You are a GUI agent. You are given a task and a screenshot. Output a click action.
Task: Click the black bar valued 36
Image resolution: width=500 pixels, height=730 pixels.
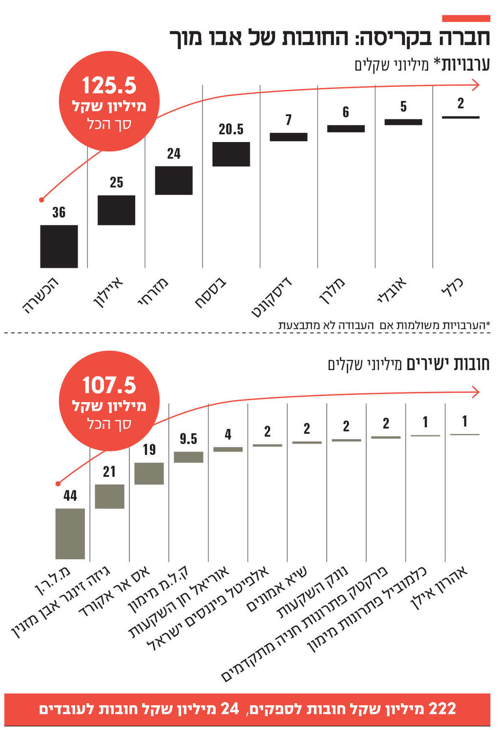[59, 246]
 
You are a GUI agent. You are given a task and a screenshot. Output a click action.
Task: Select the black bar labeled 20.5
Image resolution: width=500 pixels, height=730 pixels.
[231, 154]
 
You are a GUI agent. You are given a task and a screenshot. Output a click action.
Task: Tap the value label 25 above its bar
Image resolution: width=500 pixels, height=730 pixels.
[116, 182]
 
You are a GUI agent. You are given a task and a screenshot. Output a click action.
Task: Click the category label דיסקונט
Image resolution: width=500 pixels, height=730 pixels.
[272, 296]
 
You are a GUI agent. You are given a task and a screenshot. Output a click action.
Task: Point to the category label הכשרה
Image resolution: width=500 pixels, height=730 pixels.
[42, 295]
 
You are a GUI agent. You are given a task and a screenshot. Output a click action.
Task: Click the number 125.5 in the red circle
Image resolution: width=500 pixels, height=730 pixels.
[109, 86]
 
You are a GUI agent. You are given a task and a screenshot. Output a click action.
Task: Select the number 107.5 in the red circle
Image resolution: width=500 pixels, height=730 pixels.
[109, 385]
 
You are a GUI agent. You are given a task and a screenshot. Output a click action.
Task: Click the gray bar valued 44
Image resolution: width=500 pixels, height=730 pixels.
[70, 533]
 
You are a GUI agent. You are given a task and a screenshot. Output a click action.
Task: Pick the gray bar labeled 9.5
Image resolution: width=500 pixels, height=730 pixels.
[188, 457]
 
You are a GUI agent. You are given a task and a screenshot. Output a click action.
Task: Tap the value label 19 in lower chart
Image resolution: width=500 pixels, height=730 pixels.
[149, 449]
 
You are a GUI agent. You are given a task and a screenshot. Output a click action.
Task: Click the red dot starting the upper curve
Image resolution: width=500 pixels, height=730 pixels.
[42, 200]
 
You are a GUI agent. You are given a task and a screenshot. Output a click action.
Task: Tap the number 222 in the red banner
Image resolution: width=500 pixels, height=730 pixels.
[442, 709]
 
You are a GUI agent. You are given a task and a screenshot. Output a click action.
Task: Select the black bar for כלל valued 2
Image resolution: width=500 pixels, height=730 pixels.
[460, 117]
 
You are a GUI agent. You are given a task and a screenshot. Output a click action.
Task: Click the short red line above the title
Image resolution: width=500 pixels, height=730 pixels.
[466, 19]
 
